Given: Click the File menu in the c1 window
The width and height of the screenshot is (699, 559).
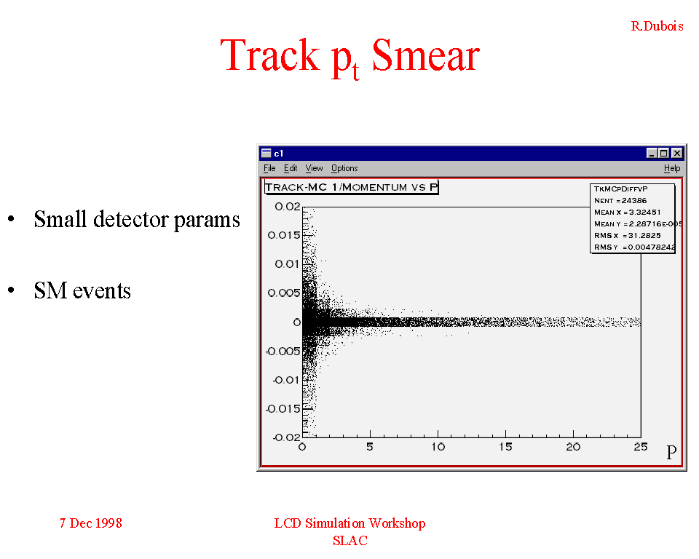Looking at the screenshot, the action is [x=269, y=168].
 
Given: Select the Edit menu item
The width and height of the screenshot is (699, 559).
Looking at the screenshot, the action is [x=291, y=168].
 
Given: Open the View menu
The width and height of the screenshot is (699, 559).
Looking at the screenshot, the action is [x=314, y=168].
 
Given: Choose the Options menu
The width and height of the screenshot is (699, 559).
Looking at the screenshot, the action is [x=344, y=168].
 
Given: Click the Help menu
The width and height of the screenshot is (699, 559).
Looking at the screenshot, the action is [x=672, y=168].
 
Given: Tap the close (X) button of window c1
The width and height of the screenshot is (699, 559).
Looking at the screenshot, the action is [x=676, y=154].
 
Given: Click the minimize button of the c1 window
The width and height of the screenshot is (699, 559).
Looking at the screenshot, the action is [x=652, y=154].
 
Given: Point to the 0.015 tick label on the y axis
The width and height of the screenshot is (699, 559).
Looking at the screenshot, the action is [x=284, y=235].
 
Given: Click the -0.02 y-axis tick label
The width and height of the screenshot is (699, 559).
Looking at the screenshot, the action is [x=287, y=437].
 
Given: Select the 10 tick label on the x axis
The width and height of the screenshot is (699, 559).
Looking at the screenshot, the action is [x=438, y=447].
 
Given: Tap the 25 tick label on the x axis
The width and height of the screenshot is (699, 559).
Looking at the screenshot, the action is [x=641, y=447].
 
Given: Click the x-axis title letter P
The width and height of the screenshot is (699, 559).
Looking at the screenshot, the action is [x=671, y=453].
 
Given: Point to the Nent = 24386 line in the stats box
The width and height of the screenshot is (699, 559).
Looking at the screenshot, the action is [x=620, y=201].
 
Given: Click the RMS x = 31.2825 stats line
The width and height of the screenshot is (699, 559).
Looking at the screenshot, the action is [x=627, y=235].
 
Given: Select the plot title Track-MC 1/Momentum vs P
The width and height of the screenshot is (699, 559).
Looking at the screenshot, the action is [x=351, y=187].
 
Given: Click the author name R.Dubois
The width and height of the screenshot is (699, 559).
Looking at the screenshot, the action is [x=657, y=26].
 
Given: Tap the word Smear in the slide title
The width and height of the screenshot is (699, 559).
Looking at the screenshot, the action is [x=426, y=56].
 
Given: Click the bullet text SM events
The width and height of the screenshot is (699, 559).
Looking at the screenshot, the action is [x=82, y=290].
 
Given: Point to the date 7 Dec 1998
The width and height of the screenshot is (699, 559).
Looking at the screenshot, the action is [x=90, y=523].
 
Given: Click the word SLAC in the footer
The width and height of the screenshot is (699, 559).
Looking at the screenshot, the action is [x=350, y=541].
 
